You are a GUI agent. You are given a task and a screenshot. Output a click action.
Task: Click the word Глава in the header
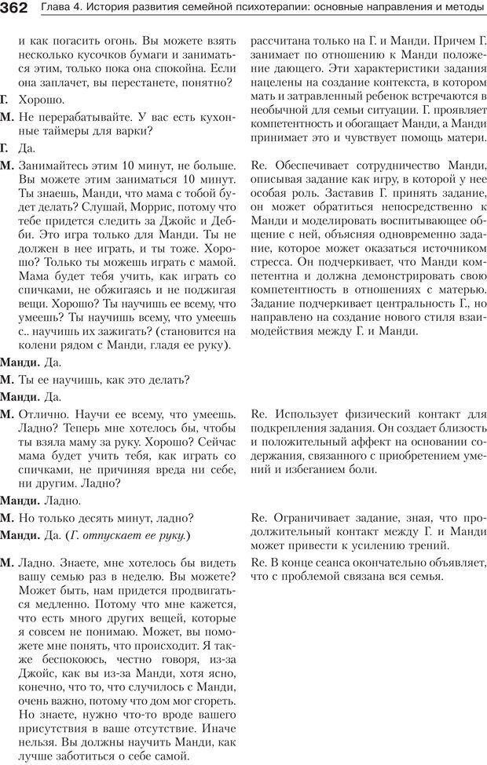(56, 9)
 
